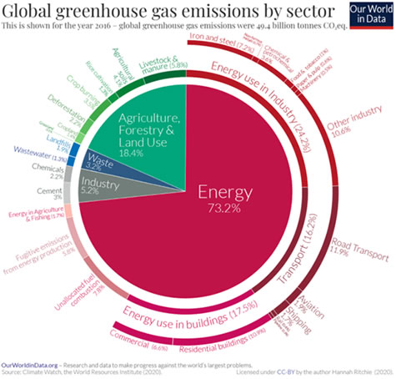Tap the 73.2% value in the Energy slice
(x=223, y=209)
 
